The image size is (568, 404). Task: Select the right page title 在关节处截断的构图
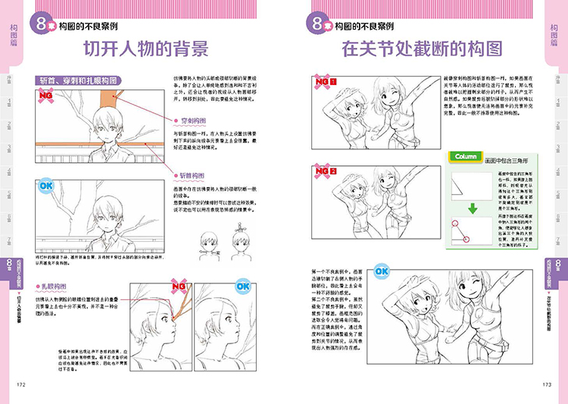pos(422,51)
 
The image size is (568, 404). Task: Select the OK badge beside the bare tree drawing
pos(45,184)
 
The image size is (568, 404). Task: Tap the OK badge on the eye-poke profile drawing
pos(242,287)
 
